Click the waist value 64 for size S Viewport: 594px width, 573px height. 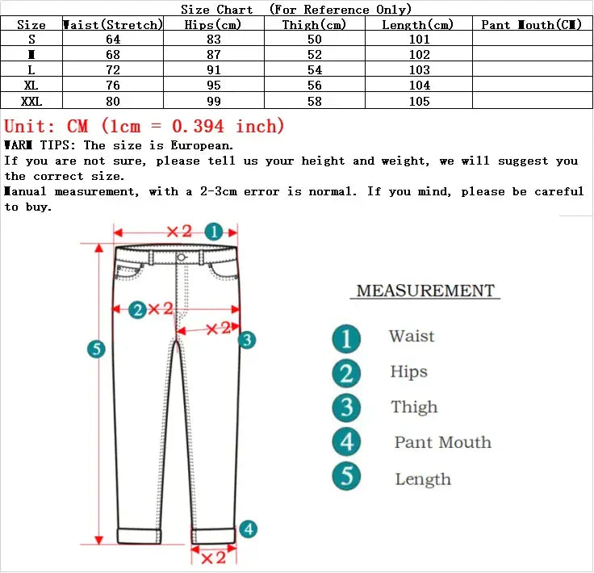(x=112, y=40)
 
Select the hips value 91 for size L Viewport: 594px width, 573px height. (x=215, y=70)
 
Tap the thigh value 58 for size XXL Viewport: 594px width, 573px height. (x=314, y=101)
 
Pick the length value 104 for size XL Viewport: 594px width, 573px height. (x=418, y=86)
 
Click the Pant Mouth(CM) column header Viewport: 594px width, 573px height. (x=531, y=25)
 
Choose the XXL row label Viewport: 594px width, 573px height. (x=31, y=101)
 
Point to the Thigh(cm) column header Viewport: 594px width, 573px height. (x=314, y=25)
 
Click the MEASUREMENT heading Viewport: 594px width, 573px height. (x=425, y=291)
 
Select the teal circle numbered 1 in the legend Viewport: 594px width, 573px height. (x=346, y=337)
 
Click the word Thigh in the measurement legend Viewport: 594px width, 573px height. (x=414, y=408)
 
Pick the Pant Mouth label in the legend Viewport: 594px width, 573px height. (x=442, y=442)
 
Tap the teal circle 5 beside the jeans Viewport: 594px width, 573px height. (x=96, y=349)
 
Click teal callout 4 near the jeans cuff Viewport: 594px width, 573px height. (x=249, y=529)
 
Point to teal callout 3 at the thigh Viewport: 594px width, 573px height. (x=247, y=340)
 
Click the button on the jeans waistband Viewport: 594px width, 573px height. (x=180, y=257)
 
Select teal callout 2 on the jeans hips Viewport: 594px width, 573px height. (x=138, y=309)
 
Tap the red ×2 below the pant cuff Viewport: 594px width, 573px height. (x=212, y=558)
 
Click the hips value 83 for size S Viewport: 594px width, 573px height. (x=215, y=40)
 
